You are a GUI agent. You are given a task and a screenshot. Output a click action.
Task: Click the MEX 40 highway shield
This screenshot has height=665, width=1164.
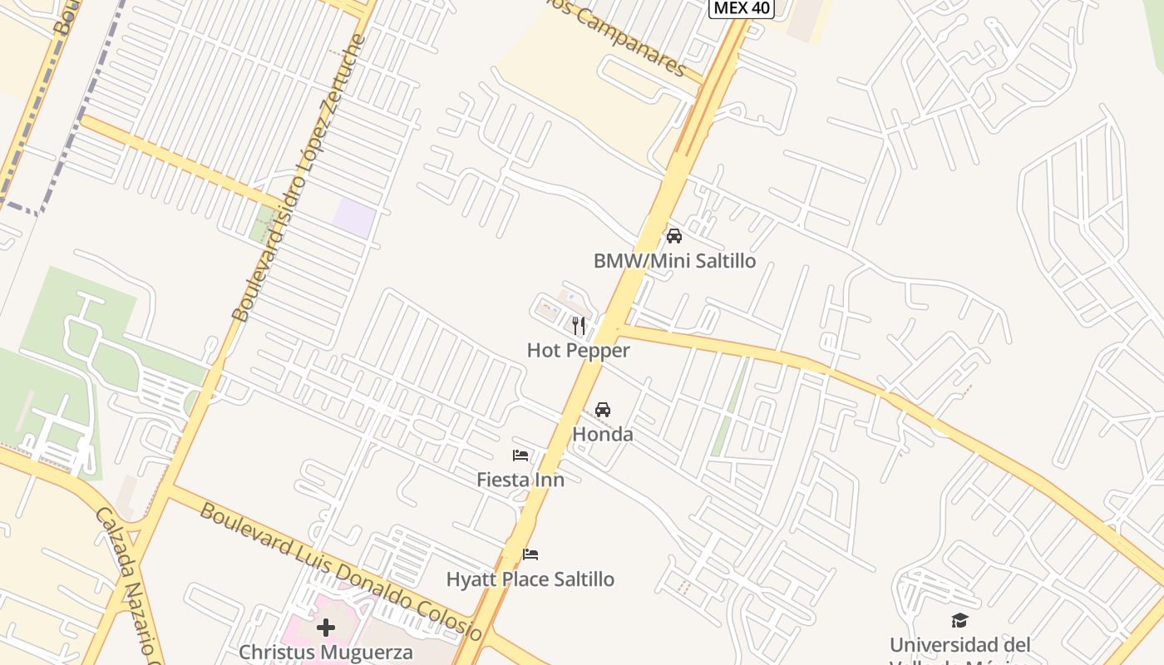[x=742, y=8]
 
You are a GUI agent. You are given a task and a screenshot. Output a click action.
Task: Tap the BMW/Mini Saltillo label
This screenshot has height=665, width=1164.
[x=674, y=261]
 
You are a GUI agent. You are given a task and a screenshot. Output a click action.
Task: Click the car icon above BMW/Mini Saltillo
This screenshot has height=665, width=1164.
[x=674, y=236]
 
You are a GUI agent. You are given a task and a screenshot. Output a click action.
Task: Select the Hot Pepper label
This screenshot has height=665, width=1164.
[x=578, y=350]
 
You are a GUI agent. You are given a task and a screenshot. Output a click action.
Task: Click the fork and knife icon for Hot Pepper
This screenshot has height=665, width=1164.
[x=579, y=325]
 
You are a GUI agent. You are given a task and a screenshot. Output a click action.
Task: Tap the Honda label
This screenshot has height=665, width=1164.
[x=603, y=434]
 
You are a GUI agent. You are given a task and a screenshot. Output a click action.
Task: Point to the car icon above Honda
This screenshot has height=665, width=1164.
[x=603, y=410]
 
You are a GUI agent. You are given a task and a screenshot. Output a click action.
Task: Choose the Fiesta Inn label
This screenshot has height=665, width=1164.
[x=520, y=480]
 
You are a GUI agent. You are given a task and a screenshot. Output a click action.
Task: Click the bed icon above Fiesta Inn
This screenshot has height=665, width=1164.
[x=520, y=456]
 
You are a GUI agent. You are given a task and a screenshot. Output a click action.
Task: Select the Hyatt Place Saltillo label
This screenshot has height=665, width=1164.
[x=530, y=579]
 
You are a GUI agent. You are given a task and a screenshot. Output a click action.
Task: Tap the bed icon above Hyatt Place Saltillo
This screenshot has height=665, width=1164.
[x=530, y=554]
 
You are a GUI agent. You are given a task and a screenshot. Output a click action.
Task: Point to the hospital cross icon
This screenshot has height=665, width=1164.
[x=326, y=628]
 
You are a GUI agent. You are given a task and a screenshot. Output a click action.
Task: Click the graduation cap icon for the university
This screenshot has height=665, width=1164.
[x=960, y=620]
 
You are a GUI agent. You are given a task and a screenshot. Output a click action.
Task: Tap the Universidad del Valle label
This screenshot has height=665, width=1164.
[x=960, y=646]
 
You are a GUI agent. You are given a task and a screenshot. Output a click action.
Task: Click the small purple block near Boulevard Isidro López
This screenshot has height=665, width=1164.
[x=354, y=217]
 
